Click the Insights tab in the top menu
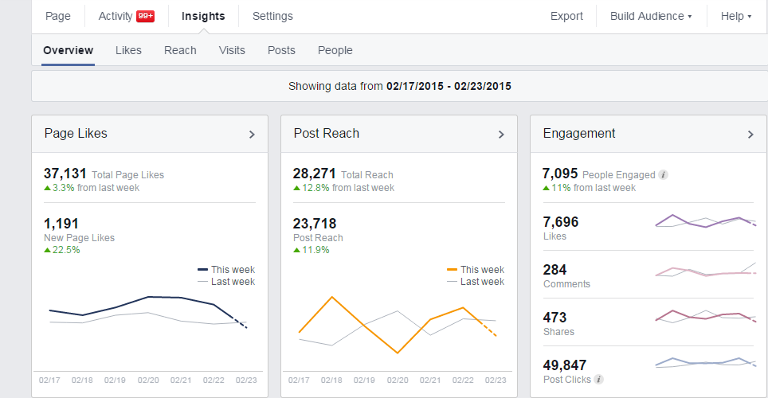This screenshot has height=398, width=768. pos(203,16)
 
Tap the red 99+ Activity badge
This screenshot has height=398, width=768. pos(146,16)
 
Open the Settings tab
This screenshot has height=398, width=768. pos(272,16)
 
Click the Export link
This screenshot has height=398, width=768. pos(566,16)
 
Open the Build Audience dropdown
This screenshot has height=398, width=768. pos(651,16)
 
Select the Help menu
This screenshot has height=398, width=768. pos(735,16)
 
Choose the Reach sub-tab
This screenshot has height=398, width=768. pos(180,50)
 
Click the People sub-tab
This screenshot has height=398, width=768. pos(335,50)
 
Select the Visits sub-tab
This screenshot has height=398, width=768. pos(232,50)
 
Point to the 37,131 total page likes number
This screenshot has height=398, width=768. pos(65,174)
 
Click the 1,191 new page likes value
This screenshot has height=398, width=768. pos(61,224)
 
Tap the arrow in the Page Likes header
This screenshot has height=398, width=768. pos(252,135)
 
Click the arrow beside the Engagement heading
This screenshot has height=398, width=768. pos(750,135)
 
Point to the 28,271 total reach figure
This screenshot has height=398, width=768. pos(315,174)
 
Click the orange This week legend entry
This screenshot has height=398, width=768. pos(475,270)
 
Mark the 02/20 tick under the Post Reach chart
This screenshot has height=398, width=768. pos(398,380)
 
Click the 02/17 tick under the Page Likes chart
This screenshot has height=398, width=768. pos(49,380)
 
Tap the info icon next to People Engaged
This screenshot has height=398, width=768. pos(663,175)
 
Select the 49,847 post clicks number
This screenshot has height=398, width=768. pos(564,365)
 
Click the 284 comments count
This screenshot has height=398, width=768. pos(554,270)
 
